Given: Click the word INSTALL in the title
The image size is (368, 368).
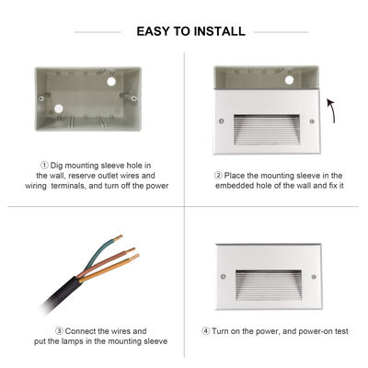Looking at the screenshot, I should point(219,31).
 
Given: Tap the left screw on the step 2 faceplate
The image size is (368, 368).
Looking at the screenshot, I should point(223,121).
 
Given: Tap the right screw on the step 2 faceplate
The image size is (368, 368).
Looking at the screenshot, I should point(313,121).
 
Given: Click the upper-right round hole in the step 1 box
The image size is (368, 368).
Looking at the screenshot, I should point(117,80).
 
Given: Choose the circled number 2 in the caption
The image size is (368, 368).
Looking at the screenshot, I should point(218,175).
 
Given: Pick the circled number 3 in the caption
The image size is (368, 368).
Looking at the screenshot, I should point(58,330).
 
